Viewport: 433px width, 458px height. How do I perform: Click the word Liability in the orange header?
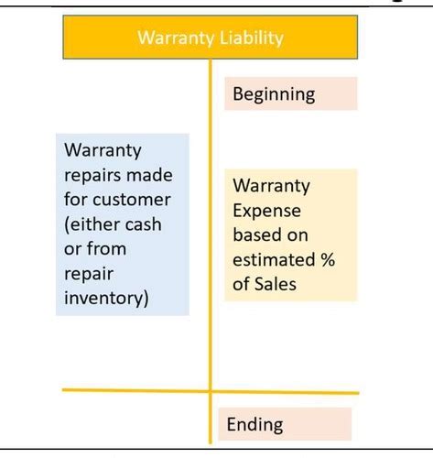(x=252, y=38)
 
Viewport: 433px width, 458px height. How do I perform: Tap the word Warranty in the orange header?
(x=176, y=38)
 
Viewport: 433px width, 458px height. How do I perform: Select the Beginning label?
(x=274, y=94)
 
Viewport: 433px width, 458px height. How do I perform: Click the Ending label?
(x=254, y=425)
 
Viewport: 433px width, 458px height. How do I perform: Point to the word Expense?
(x=266, y=212)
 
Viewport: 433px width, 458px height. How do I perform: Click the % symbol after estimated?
(x=328, y=260)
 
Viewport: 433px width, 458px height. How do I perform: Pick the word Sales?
(x=276, y=284)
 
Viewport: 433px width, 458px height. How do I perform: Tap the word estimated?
(x=274, y=260)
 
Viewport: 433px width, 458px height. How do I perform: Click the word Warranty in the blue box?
(x=103, y=151)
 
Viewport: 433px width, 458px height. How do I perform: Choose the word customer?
(x=132, y=201)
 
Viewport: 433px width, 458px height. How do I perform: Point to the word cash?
(x=143, y=224)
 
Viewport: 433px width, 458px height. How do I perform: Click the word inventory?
(x=106, y=299)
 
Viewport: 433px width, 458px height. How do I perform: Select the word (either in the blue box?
(x=92, y=225)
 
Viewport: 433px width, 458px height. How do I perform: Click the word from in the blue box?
(x=106, y=249)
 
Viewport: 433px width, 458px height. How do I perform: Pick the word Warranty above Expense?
(x=271, y=186)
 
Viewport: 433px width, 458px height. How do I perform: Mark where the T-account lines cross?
(x=211, y=391)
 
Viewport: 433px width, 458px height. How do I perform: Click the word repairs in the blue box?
(x=92, y=177)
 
